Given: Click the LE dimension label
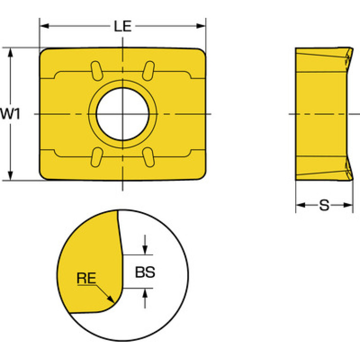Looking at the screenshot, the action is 123,26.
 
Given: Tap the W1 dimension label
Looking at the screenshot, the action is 10,114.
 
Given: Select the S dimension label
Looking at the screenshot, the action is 324,205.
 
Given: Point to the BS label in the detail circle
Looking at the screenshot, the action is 145,272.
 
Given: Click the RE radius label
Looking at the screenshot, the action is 86,278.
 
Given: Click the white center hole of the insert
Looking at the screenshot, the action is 123,114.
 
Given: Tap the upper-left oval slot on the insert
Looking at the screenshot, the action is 97,71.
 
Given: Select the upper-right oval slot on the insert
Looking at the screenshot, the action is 148,71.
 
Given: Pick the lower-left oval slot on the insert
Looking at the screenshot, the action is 97,157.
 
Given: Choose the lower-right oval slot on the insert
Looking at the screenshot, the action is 148,157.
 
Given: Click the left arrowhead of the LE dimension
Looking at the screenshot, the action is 44,26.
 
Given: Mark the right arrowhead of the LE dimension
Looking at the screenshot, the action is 201,26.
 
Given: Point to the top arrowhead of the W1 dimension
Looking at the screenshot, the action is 10,53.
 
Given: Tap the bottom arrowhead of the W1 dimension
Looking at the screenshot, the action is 10,176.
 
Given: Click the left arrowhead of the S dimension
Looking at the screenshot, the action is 300,205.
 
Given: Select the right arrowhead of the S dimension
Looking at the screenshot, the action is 348,205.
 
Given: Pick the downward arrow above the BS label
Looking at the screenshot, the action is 145,245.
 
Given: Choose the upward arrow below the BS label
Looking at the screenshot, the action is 145,298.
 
